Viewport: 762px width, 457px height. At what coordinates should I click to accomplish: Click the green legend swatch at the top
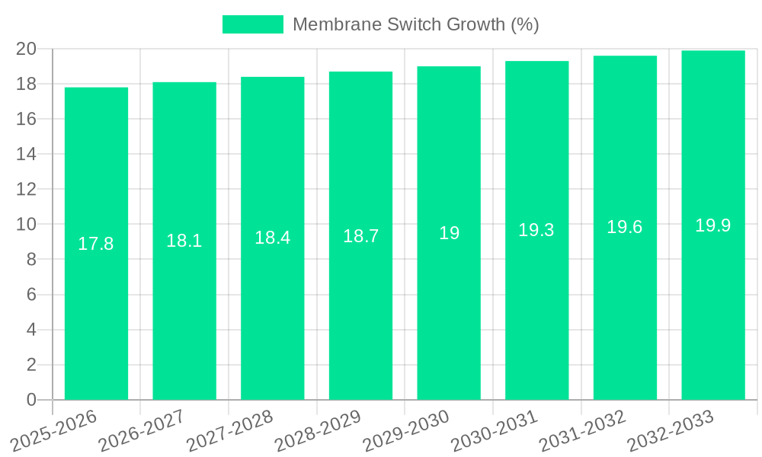[252, 24]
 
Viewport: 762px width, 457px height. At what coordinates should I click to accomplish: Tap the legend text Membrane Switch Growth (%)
[415, 24]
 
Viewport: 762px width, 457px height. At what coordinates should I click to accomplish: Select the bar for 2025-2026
[96, 320]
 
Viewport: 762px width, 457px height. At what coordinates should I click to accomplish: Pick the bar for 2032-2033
[713, 320]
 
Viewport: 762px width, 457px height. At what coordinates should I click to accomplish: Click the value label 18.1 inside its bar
[184, 241]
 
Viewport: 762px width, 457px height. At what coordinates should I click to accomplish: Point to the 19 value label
[449, 233]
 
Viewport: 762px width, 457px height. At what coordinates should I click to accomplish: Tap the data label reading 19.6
[625, 227]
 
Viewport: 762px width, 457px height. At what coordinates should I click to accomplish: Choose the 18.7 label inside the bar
[360, 236]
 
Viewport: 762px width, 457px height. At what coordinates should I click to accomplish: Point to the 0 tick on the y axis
[31, 400]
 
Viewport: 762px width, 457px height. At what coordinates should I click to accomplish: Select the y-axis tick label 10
[26, 225]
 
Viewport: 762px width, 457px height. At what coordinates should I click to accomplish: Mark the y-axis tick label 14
[26, 155]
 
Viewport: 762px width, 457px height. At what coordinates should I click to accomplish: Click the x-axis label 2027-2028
[230, 431]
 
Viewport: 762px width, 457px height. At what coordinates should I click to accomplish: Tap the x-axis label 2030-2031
[495, 431]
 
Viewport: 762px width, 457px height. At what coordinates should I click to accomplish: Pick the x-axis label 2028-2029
[319, 431]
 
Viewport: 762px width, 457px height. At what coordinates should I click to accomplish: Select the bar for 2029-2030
[449, 320]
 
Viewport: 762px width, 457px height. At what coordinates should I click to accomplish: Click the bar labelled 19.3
[536, 320]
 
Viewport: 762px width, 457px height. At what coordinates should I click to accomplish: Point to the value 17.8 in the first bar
[96, 244]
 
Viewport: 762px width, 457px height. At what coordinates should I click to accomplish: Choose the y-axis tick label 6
[31, 295]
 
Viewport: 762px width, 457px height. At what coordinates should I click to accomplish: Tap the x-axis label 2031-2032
[583, 431]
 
